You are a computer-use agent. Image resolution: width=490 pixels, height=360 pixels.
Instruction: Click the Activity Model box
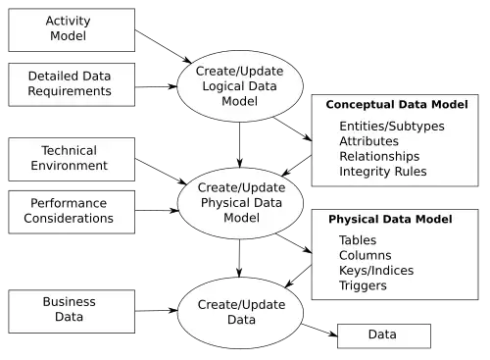point(72,30)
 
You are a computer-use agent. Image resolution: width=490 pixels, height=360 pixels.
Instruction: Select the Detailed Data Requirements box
point(72,84)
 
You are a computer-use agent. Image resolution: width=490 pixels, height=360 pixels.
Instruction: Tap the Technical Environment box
point(72,159)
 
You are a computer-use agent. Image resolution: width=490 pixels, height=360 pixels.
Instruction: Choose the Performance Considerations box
point(72,212)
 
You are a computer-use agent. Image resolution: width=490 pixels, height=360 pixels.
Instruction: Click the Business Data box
point(72,311)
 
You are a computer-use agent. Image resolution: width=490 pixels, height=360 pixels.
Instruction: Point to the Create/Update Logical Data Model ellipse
point(240,86)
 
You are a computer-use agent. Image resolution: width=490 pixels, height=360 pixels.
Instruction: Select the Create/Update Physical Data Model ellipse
point(240,203)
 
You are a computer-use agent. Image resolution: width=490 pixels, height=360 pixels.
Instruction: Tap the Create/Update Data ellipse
point(240,313)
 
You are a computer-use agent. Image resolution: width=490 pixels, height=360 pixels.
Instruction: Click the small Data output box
point(384,335)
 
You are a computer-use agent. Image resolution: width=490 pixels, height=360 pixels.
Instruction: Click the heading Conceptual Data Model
point(397,105)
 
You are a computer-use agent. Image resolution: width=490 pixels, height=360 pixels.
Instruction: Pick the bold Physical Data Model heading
point(390,219)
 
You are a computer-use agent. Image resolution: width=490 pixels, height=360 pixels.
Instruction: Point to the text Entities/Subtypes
point(392,127)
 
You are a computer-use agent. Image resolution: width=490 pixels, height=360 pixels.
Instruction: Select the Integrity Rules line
point(383,172)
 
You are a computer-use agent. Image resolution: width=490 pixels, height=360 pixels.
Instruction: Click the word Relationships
point(379,156)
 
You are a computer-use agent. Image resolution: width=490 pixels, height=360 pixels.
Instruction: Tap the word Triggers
point(363,285)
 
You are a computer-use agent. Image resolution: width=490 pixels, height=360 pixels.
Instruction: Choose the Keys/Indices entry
point(376,271)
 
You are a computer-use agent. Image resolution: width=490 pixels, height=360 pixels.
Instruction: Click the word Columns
point(366,255)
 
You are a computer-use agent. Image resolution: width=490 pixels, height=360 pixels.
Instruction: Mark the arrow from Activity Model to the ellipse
point(164,46)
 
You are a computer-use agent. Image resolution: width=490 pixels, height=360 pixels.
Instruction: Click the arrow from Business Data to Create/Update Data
point(157,311)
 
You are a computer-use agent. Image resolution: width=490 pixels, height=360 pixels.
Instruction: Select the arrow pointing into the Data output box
point(319,330)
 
